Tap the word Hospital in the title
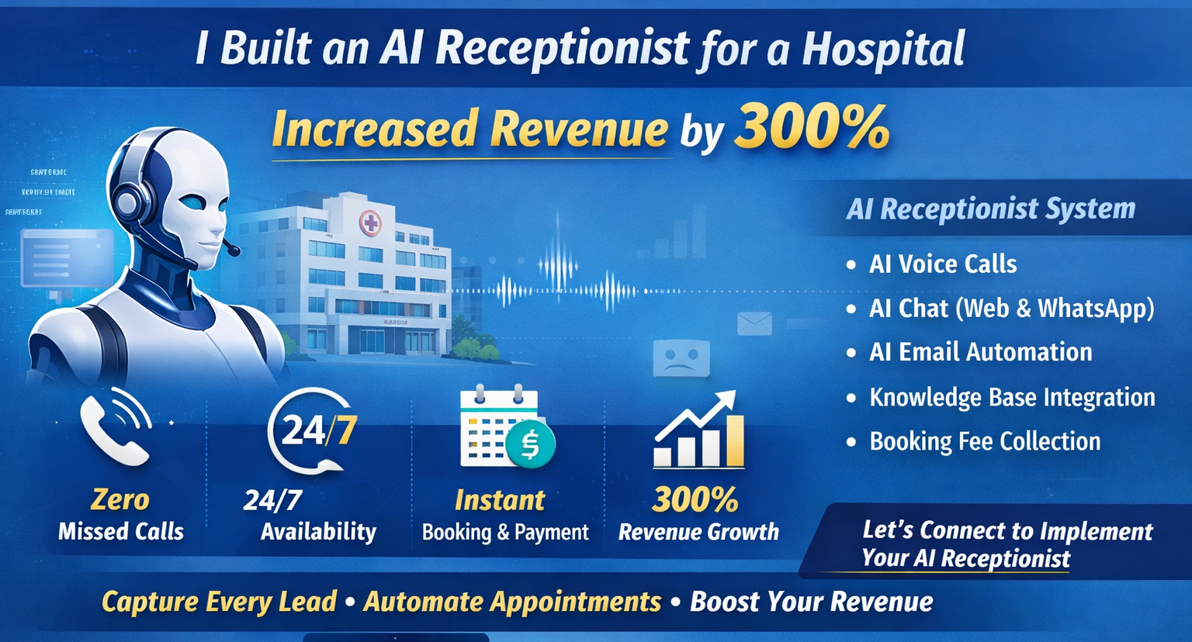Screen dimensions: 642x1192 click(x=883, y=49)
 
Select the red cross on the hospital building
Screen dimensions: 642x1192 click(x=371, y=224)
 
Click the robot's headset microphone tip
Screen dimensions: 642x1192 click(x=232, y=250)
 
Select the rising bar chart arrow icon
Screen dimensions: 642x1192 click(x=698, y=430)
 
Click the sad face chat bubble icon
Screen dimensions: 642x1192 click(x=681, y=359)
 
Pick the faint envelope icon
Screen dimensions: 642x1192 click(x=754, y=323)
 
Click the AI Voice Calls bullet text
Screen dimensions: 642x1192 click(x=942, y=264)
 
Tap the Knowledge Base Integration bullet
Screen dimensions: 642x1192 click(x=1011, y=397)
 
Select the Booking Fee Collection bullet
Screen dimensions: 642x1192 click(x=984, y=441)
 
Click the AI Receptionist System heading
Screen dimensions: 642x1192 click(x=990, y=209)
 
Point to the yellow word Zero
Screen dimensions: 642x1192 click(x=120, y=499)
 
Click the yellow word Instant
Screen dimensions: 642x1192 click(x=500, y=500)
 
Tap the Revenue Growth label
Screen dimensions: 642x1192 click(x=698, y=532)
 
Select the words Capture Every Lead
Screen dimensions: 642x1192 click(x=219, y=602)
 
